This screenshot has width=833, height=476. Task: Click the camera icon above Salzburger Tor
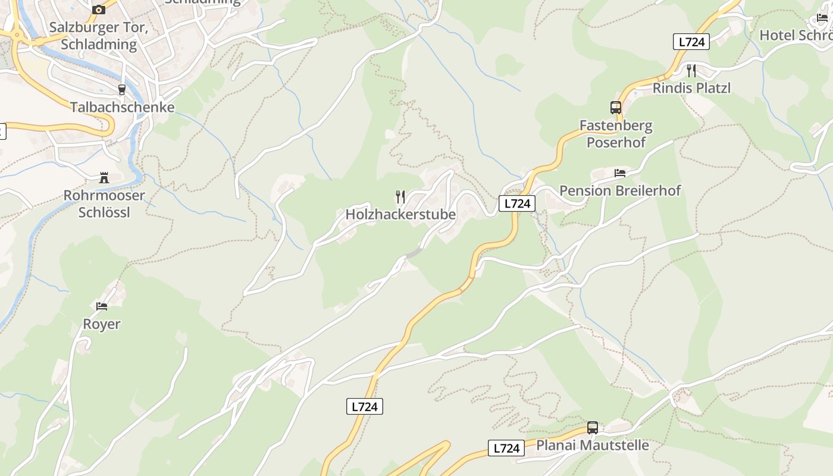pyautogui.click(x=99, y=10)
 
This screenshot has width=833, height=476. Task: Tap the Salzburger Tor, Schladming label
pyautogui.click(x=99, y=36)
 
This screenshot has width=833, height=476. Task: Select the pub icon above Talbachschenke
pyautogui.click(x=122, y=90)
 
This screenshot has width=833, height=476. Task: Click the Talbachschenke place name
pyautogui.click(x=122, y=107)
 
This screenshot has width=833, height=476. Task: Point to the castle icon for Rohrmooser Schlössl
pyautogui.click(x=104, y=177)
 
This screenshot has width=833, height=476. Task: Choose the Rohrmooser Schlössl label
pyautogui.click(x=104, y=203)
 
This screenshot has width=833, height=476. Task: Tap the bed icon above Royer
pyautogui.click(x=102, y=306)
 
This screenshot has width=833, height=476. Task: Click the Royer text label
pyautogui.click(x=102, y=324)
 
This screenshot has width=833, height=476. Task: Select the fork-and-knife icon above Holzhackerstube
pyautogui.click(x=400, y=196)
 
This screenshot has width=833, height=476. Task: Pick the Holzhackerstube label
pyautogui.click(x=400, y=214)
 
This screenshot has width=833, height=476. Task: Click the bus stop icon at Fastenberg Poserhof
pyautogui.click(x=616, y=108)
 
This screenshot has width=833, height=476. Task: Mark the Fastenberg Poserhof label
pyautogui.click(x=616, y=134)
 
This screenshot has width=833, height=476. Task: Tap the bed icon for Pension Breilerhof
pyautogui.click(x=620, y=173)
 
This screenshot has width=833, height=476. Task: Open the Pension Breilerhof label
pyautogui.click(x=620, y=190)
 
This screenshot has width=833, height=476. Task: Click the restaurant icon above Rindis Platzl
pyautogui.click(x=691, y=71)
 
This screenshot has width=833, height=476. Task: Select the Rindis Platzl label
pyautogui.click(x=691, y=88)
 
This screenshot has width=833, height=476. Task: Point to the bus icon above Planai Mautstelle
pyautogui.click(x=593, y=427)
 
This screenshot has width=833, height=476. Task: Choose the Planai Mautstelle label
pyautogui.click(x=593, y=445)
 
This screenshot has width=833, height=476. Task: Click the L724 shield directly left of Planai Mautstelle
pyautogui.click(x=506, y=448)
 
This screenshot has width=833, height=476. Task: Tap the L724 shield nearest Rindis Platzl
pyautogui.click(x=691, y=42)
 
